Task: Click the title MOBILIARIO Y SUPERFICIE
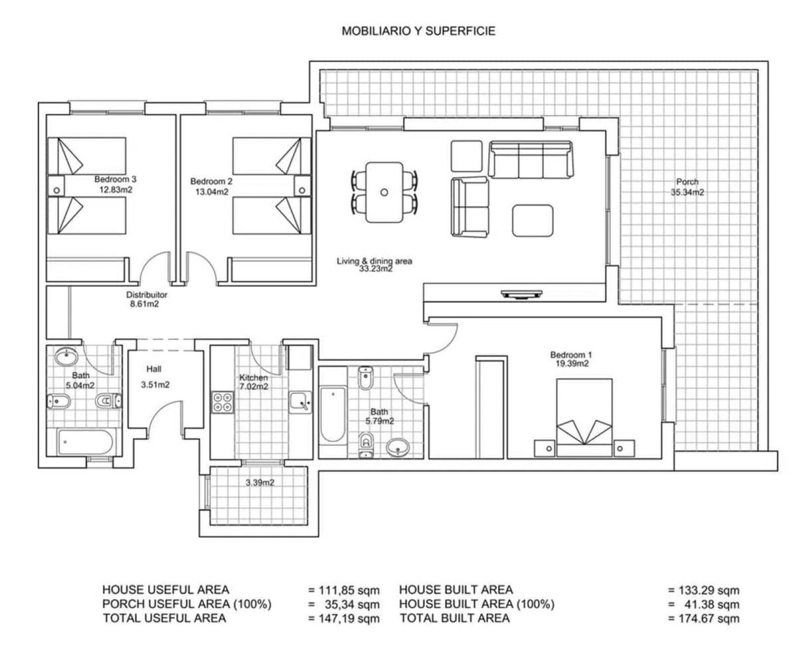(x=418, y=31)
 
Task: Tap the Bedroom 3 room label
(x=115, y=179)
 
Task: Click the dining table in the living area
(x=384, y=192)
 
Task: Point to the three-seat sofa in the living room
(x=531, y=160)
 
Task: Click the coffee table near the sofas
(x=532, y=220)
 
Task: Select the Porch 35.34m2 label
(x=687, y=187)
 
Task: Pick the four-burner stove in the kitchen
(x=223, y=401)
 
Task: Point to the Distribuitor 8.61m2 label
(x=146, y=299)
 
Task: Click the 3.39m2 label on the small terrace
(x=259, y=483)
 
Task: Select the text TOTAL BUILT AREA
(x=455, y=618)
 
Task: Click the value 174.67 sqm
(x=704, y=619)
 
